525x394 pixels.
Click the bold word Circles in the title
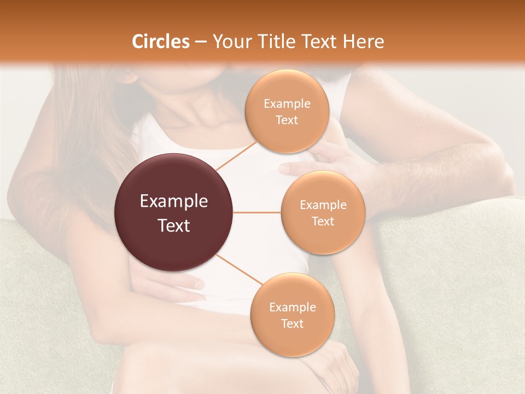[161, 42]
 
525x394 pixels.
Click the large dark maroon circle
[174, 212]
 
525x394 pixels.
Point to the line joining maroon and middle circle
[257, 212]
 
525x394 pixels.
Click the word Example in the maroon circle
[174, 201]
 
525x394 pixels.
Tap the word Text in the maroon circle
[174, 225]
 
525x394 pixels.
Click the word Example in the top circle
[287, 103]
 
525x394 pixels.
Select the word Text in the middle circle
[323, 221]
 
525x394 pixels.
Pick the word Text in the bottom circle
[292, 323]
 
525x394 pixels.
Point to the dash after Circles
[200, 42]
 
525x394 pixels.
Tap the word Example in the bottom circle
[292, 307]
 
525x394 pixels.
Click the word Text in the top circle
[287, 120]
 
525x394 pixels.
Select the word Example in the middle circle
[323, 205]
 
